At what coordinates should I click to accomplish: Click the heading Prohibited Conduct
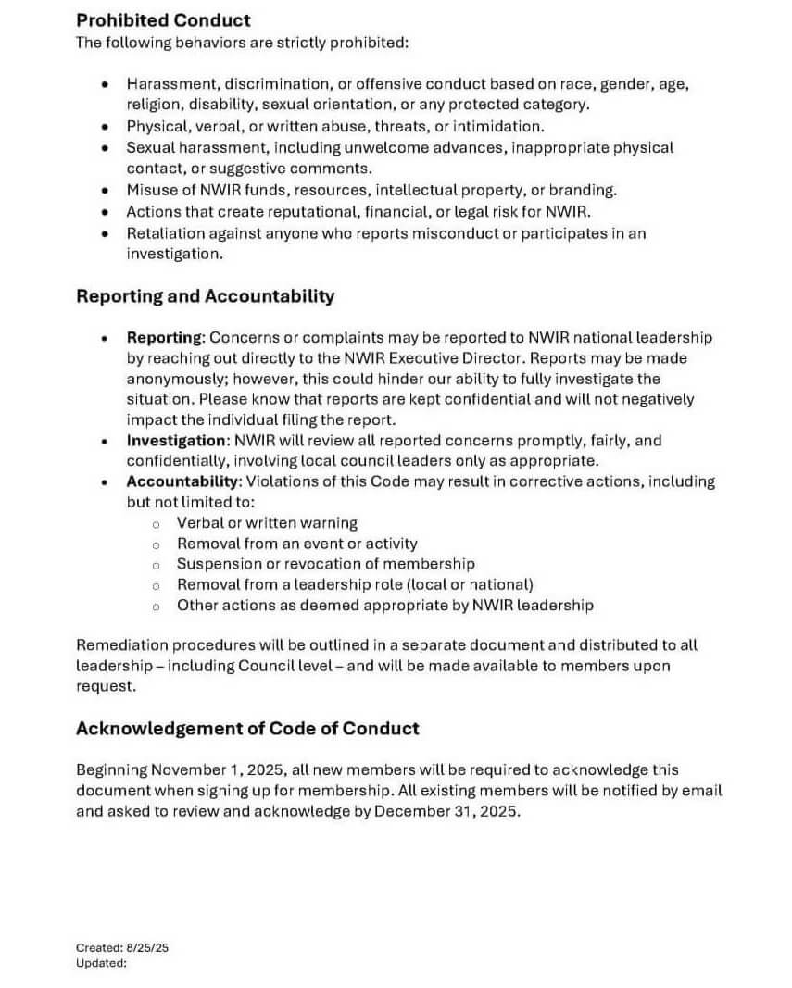coord(163,19)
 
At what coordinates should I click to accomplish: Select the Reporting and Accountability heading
coord(205,296)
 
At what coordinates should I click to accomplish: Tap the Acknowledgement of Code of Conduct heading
coord(247,728)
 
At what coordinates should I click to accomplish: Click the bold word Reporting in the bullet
coord(163,338)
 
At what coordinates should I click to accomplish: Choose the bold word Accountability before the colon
coord(183,481)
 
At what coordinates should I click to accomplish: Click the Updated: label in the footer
coord(101,963)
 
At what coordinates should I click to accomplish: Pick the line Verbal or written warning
coord(267,523)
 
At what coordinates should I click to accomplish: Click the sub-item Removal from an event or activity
coord(296,544)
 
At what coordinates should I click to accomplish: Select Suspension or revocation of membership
coord(325,564)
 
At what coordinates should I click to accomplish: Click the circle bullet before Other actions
coord(157,607)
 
